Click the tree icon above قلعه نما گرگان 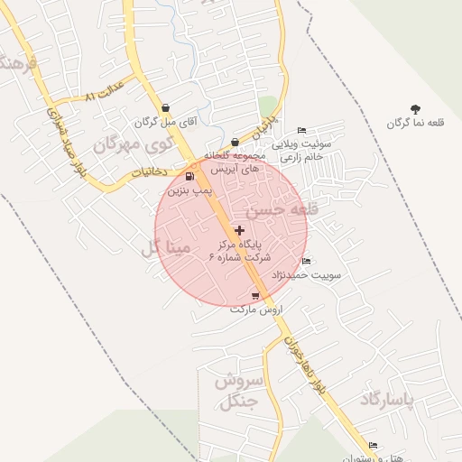tap(415, 109)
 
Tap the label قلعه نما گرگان tap(415, 123)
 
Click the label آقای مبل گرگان tap(160, 121)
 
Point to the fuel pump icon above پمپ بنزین tap(189, 176)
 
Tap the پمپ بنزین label tap(189, 190)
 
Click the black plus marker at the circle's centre tap(238, 231)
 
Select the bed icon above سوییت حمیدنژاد tap(306, 262)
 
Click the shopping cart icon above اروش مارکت tap(256, 296)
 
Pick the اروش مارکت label tap(256, 310)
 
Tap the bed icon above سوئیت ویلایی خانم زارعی tap(301, 131)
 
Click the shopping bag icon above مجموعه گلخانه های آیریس tap(235, 142)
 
